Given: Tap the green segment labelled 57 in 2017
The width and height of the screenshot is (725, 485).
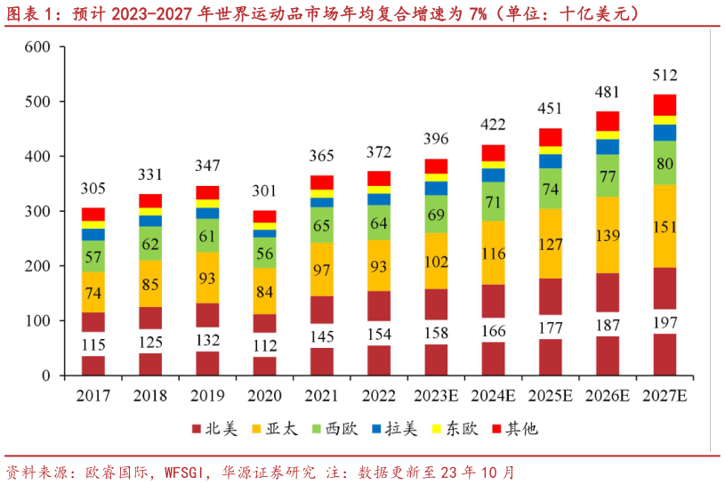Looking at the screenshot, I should point(93,256).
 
